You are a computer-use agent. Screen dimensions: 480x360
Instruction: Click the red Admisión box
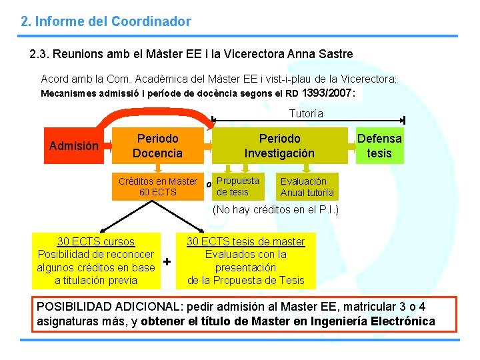(x=74, y=146)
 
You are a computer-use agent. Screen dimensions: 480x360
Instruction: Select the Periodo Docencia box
(x=157, y=146)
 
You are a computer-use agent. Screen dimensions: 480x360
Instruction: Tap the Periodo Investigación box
(x=279, y=146)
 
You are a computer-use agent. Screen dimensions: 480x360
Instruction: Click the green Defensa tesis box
(x=379, y=146)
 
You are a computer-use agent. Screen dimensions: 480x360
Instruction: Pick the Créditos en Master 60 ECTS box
(x=157, y=187)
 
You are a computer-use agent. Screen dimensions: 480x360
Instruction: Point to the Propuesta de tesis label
(x=237, y=187)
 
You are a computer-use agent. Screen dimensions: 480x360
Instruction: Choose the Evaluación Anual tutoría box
(x=307, y=187)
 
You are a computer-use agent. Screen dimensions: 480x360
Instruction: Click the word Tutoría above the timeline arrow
(x=306, y=114)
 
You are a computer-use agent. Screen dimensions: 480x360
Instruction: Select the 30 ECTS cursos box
(x=96, y=261)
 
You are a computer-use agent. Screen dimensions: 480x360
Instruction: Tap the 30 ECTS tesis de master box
(x=245, y=261)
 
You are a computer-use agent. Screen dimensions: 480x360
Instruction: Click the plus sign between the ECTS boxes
(x=167, y=261)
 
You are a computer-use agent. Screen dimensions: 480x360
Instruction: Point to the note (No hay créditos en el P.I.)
(x=275, y=210)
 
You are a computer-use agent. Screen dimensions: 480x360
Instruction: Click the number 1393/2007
(x=328, y=93)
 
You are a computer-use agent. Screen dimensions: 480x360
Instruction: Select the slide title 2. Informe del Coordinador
(x=106, y=21)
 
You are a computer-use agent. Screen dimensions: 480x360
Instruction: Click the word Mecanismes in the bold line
(x=69, y=94)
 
